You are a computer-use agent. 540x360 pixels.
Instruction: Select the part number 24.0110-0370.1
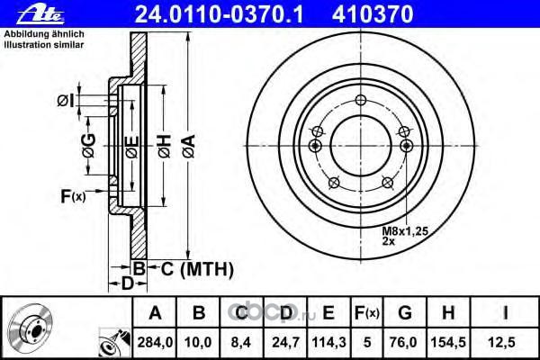coord(219,14)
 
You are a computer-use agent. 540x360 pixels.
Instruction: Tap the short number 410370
coord(373,14)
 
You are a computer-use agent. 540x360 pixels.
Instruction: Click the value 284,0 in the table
coord(155,342)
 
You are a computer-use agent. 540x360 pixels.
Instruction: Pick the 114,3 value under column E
coord(328,342)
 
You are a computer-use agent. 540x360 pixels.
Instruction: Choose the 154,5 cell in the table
coord(448,342)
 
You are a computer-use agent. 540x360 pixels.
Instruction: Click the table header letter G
coord(405,313)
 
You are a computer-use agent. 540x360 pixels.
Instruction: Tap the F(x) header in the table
coord(367,313)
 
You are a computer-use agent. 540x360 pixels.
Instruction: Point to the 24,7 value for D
coord(285,342)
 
